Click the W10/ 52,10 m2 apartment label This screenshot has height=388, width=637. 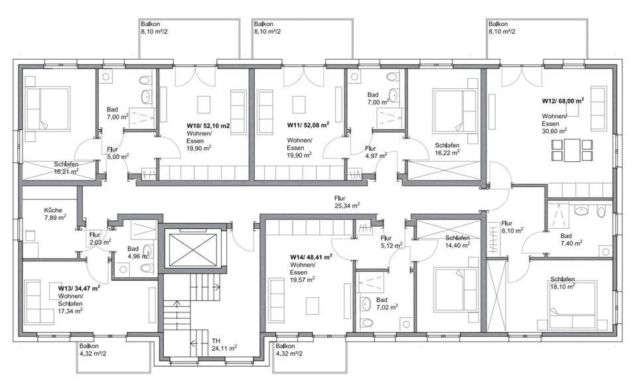pyautogui.click(x=208, y=124)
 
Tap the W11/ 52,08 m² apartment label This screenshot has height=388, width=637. pyautogui.click(x=308, y=124)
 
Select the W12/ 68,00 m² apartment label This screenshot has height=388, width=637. pyautogui.click(x=563, y=101)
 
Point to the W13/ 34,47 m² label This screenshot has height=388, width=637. pyautogui.click(x=78, y=288)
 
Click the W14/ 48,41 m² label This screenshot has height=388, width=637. pyautogui.click(x=311, y=256)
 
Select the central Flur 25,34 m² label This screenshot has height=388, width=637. pyautogui.click(x=346, y=202)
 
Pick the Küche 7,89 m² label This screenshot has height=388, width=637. pyautogui.click(x=56, y=213)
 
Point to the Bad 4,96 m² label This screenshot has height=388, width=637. pyautogui.click(x=133, y=253)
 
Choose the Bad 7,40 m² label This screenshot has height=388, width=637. pyautogui.click(x=571, y=239)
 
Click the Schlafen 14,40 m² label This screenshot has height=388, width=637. pyautogui.click(x=457, y=241)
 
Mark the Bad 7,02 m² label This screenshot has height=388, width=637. pyautogui.click(x=387, y=303)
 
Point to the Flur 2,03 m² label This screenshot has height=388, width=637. pyautogui.click(x=98, y=239)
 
